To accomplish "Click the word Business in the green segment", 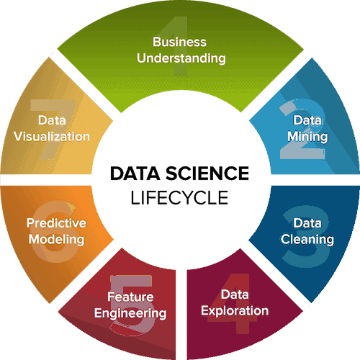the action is click(179, 42).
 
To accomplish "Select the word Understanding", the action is click(181, 58).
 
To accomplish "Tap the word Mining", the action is click(307, 137).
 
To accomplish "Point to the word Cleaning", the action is click(307, 240).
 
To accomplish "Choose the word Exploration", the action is click(235, 311).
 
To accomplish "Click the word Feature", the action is click(130, 297).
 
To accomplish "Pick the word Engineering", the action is click(130, 313).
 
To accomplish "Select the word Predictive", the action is click(56, 223).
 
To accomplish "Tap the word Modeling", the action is click(56, 240).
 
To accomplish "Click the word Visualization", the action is click(52, 137).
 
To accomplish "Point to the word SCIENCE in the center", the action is click(207, 174).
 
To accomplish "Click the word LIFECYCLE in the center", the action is click(179, 198).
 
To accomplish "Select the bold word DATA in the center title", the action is click(135, 174).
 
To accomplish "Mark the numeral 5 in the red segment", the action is click(132, 305).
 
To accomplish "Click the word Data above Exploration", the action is click(235, 294).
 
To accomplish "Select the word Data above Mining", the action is click(307, 120).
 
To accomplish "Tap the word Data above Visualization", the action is click(52, 120).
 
